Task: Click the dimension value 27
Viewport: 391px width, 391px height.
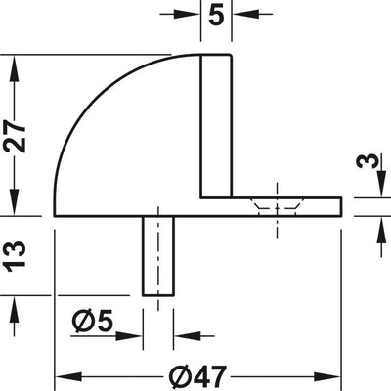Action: tap(14, 136)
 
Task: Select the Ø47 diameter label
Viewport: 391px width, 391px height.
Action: tap(197, 376)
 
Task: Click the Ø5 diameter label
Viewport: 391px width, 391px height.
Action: tap(92, 321)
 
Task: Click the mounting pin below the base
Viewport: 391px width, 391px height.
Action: tap(158, 256)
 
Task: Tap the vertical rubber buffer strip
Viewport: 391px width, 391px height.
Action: tap(216, 126)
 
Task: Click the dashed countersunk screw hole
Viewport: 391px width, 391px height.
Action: tap(277, 206)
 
